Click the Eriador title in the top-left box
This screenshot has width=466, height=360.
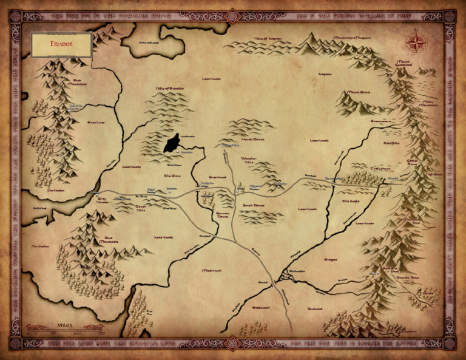[61, 44]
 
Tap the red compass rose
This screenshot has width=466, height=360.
[416, 42]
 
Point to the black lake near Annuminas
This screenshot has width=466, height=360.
[171, 144]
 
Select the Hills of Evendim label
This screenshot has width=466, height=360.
[169, 89]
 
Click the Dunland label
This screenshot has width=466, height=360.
[314, 308]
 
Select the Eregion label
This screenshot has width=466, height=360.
[330, 259]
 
